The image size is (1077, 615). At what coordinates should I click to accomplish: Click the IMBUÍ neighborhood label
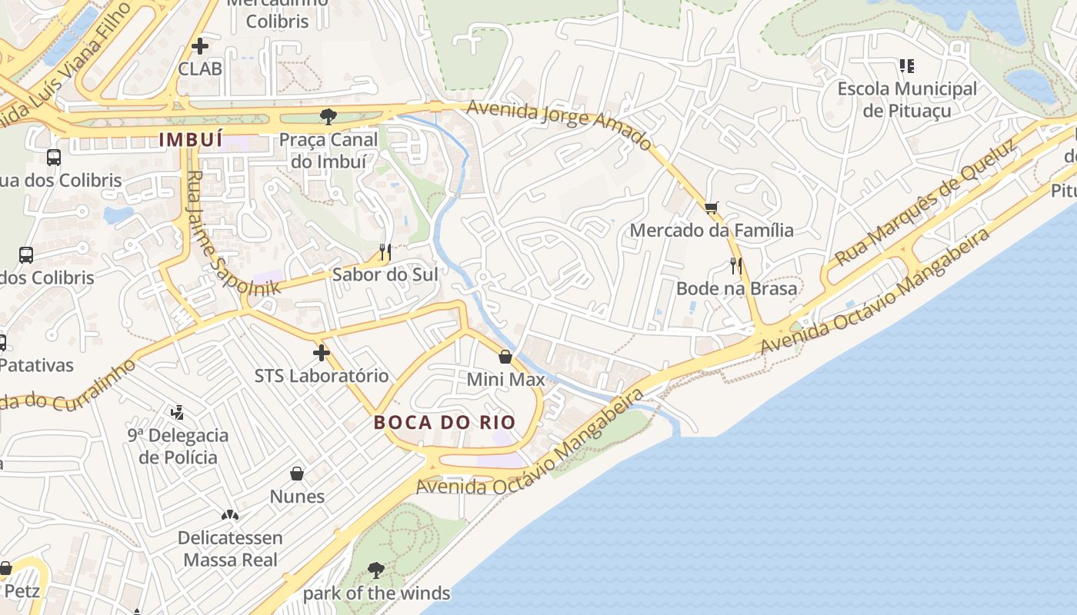pyautogui.click(x=191, y=140)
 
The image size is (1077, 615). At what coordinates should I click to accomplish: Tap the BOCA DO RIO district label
pyautogui.click(x=445, y=423)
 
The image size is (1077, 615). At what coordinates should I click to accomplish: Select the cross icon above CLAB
pyautogui.click(x=200, y=46)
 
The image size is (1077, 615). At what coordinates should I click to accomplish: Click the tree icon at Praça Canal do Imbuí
pyautogui.click(x=328, y=117)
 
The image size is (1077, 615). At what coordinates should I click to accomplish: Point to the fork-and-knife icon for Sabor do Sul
pyautogui.click(x=385, y=251)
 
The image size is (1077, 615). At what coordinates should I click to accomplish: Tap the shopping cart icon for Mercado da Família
pyautogui.click(x=712, y=208)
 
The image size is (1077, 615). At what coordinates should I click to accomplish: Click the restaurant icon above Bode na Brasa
pyautogui.click(x=736, y=266)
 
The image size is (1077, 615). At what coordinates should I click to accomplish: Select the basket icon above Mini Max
pyautogui.click(x=505, y=357)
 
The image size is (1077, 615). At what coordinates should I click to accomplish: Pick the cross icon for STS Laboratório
pyautogui.click(x=322, y=353)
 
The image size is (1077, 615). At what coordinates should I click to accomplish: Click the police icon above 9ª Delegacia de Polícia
pyautogui.click(x=178, y=413)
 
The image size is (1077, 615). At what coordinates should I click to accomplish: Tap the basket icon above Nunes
pyautogui.click(x=297, y=474)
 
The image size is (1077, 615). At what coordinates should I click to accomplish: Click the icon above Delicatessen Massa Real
pyautogui.click(x=230, y=514)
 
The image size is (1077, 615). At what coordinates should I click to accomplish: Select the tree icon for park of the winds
pyautogui.click(x=376, y=570)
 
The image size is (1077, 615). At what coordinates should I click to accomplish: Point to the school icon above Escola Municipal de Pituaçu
pyautogui.click(x=907, y=66)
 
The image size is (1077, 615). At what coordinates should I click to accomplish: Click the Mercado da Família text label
pyautogui.click(x=712, y=230)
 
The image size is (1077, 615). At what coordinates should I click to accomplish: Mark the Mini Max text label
pyautogui.click(x=505, y=379)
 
